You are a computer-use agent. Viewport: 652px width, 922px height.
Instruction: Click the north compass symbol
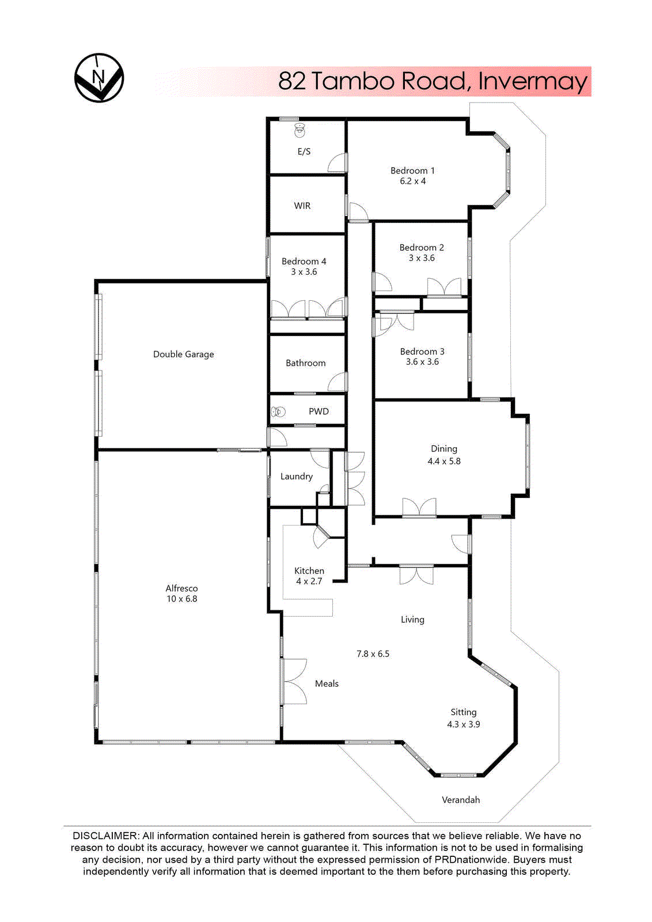tap(99, 78)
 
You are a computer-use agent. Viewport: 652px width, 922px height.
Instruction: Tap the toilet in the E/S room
tap(300, 130)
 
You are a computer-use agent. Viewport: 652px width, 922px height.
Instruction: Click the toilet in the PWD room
tap(279, 411)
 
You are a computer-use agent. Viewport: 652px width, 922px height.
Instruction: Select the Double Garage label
tap(183, 354)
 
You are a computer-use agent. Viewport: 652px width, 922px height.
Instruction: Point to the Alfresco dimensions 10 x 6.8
tap(182, 599)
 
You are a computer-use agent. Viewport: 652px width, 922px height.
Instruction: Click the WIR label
tap(302, 206)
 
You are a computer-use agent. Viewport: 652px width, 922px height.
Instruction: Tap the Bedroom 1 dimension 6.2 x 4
tap(412, 181)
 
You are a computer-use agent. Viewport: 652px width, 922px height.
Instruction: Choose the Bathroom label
tap(305, 363)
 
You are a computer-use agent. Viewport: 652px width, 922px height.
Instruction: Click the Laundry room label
tap(296, 477)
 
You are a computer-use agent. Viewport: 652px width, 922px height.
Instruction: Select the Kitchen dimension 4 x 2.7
tap(309, 581)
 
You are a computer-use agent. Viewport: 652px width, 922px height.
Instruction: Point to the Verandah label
tap(460, 800)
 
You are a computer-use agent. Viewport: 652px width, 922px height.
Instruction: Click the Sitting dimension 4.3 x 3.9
tap(463, 724)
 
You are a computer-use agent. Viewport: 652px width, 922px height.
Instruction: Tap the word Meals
tap(327, 683)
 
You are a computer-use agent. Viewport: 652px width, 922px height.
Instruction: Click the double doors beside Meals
tap(294, 682)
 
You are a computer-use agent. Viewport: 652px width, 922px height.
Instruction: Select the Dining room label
tap(443, 448)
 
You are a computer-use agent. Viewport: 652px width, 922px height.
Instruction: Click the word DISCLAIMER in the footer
tap(105, 836)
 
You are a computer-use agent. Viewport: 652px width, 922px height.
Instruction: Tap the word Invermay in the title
tap(532, 81)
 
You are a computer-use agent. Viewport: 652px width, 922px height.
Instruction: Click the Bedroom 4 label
tap(304, 261)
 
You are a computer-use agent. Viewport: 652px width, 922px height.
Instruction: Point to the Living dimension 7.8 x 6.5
tap(373, 653)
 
